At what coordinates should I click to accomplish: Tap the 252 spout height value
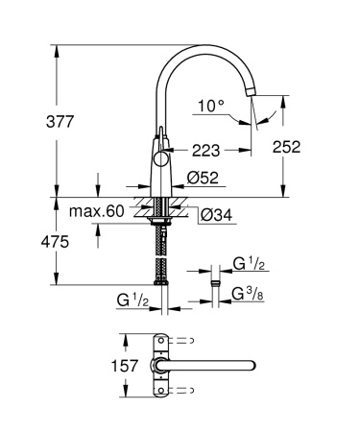(287, 147)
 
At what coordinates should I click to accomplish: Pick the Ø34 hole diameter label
(218, 214)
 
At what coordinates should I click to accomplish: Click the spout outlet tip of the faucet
(252, 91)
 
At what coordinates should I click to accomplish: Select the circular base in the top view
(157, 366)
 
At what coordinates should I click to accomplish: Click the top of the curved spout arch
(206, 46)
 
